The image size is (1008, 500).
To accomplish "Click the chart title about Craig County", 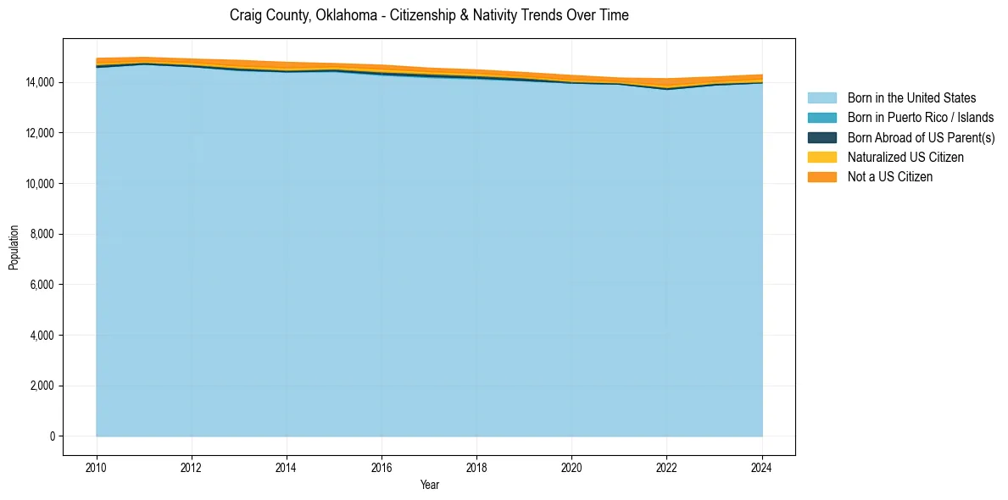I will [x=429, y=15].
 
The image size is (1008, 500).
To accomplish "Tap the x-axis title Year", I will [x=429, y=485].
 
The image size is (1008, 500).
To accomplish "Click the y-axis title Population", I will [x=14, y=247].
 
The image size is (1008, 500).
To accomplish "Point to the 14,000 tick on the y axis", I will [x=40, y=82].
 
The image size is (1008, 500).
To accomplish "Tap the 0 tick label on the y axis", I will [x=53, y=436].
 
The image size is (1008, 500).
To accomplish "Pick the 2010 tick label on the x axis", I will [x=97, y=466].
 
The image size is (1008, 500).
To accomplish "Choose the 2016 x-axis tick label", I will [x=381, y=466].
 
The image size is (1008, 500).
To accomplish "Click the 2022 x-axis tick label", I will [x=666, y=466].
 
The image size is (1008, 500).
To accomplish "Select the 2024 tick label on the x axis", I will [x=761, y=466].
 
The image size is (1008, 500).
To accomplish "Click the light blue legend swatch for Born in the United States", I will [x=821, y=98].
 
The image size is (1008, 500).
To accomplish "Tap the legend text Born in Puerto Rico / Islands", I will [x=921, y=118].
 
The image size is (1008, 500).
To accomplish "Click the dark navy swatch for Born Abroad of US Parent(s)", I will [x=821, y=137].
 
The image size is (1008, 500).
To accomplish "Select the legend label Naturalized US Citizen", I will [x=905, y=158].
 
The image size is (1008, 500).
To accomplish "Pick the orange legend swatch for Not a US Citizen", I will [x=821, y=177].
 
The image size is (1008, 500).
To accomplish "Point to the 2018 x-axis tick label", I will [x=476, y=466].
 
